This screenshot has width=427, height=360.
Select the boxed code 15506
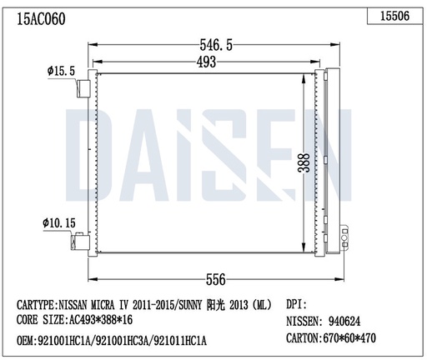coord(394,15)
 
